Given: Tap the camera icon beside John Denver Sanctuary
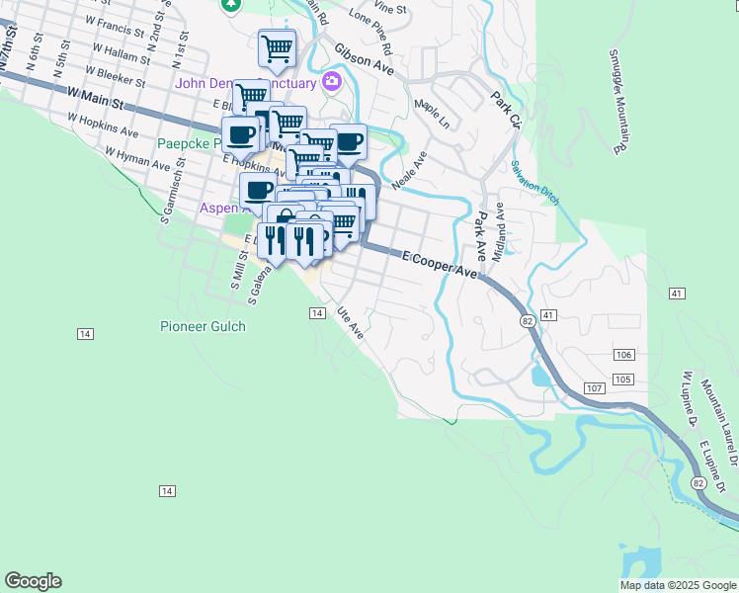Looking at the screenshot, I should [x=332, y=81].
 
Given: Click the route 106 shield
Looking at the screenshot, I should [x=622, y=355].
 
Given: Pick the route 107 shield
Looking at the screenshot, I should [x=593, y=387].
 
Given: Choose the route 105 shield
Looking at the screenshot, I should [x=622, y=380].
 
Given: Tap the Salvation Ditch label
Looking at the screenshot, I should [x=535, y=183].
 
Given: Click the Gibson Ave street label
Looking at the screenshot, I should [x=365, y=59].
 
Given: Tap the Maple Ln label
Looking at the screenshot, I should [x=432, y=115].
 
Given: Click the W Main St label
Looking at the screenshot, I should [x=95, y=97].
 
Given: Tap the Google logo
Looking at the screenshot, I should [x=33, y=581].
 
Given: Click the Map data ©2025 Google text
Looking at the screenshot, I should [x=678, y=585].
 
